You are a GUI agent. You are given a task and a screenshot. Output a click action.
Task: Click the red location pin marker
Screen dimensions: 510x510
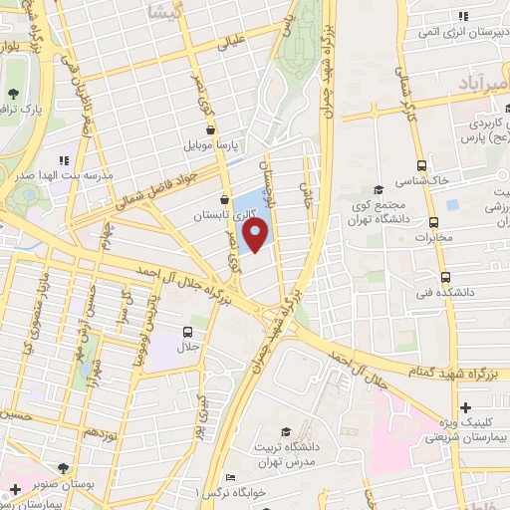tap(256, 235)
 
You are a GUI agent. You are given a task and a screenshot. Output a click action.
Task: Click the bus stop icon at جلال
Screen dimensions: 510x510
tap(188, 332)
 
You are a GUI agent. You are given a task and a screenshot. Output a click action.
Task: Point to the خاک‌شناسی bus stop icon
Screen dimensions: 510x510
tap(422, 165)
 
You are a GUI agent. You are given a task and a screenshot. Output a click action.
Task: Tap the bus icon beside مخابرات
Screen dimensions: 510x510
tap(433, 222)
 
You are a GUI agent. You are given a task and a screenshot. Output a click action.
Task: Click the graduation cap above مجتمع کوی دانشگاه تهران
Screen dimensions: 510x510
tap(379, 190)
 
